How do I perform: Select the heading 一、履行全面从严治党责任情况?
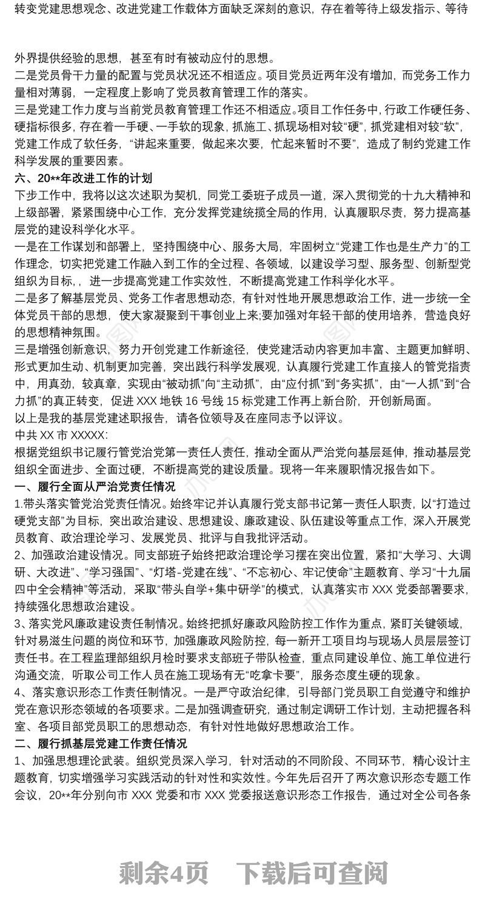point(95,487)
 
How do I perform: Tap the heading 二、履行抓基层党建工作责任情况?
point(101,743)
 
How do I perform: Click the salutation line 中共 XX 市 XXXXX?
point(61,435)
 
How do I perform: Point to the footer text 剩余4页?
point(164,873)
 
